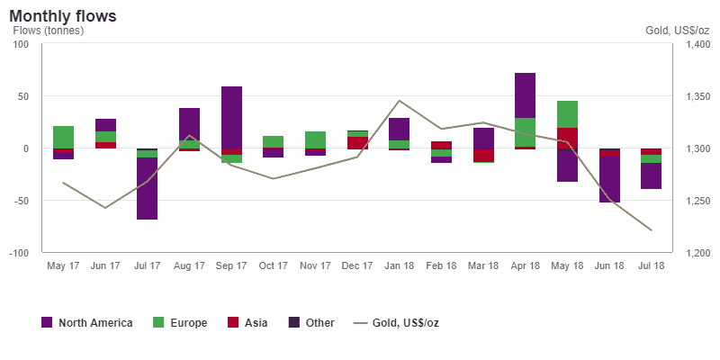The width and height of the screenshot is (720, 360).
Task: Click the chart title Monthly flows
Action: click(x=63, y=16)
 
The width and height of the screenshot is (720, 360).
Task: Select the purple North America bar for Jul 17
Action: click(x=148, y=188)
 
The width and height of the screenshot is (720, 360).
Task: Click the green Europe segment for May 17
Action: click(x=63, y=137)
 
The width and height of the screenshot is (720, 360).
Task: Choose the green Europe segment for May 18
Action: click(x=567, y=114)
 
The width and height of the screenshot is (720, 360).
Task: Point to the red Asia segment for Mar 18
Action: click(x=483, y=155)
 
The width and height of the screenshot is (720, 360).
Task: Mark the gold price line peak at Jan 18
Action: click(x=399, y=101)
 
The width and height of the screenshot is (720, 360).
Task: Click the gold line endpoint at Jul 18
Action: click(x=651, y=230)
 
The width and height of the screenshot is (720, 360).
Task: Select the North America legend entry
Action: click(x=87, y=322)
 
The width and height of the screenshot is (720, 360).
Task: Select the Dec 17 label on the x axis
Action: click(x=357, y=267)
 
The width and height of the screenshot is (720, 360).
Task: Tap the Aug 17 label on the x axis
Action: click(x=189, y=267)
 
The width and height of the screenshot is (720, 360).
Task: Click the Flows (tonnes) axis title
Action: click(x=48, y=31)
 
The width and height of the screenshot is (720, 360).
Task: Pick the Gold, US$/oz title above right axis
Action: click(x=677, y=31)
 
